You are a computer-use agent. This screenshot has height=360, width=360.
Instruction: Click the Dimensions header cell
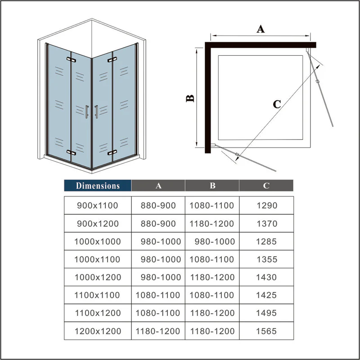pos(98,185)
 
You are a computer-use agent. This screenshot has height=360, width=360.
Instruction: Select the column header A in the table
pos(158,185)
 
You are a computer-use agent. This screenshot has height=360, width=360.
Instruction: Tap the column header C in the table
pos(266,185)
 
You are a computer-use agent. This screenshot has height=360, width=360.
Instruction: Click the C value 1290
pos(267,205)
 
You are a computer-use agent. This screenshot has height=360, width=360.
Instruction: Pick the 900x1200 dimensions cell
pos(98,223)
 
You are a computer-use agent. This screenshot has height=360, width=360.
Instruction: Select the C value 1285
pos(266,241)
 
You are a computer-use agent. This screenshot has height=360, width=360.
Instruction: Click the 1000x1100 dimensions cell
pos(97,259)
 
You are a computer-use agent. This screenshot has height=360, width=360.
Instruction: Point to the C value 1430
pos(266,277)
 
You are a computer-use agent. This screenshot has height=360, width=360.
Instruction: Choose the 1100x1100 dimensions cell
pos(97,295)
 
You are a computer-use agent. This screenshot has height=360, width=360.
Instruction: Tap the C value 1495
pos(266,313)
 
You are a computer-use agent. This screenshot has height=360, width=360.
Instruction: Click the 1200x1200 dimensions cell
pos(98,331)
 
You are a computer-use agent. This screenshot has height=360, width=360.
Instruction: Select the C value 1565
pos(266,331)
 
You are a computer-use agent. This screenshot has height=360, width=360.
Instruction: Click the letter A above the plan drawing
pos(261,29)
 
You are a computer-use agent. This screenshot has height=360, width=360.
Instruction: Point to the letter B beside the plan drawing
pos(190,99)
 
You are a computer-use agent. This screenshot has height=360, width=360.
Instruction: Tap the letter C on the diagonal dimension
pos(277,104)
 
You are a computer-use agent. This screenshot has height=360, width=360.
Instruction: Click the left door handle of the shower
pos(87,112)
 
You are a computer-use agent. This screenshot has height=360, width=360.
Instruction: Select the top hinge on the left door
pos(71,60)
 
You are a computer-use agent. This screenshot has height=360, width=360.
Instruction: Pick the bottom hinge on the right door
pos(112,153)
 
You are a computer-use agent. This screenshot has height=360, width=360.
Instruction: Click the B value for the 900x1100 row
pos(211,205)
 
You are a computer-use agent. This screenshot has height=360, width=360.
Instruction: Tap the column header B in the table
pos(212,185)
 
